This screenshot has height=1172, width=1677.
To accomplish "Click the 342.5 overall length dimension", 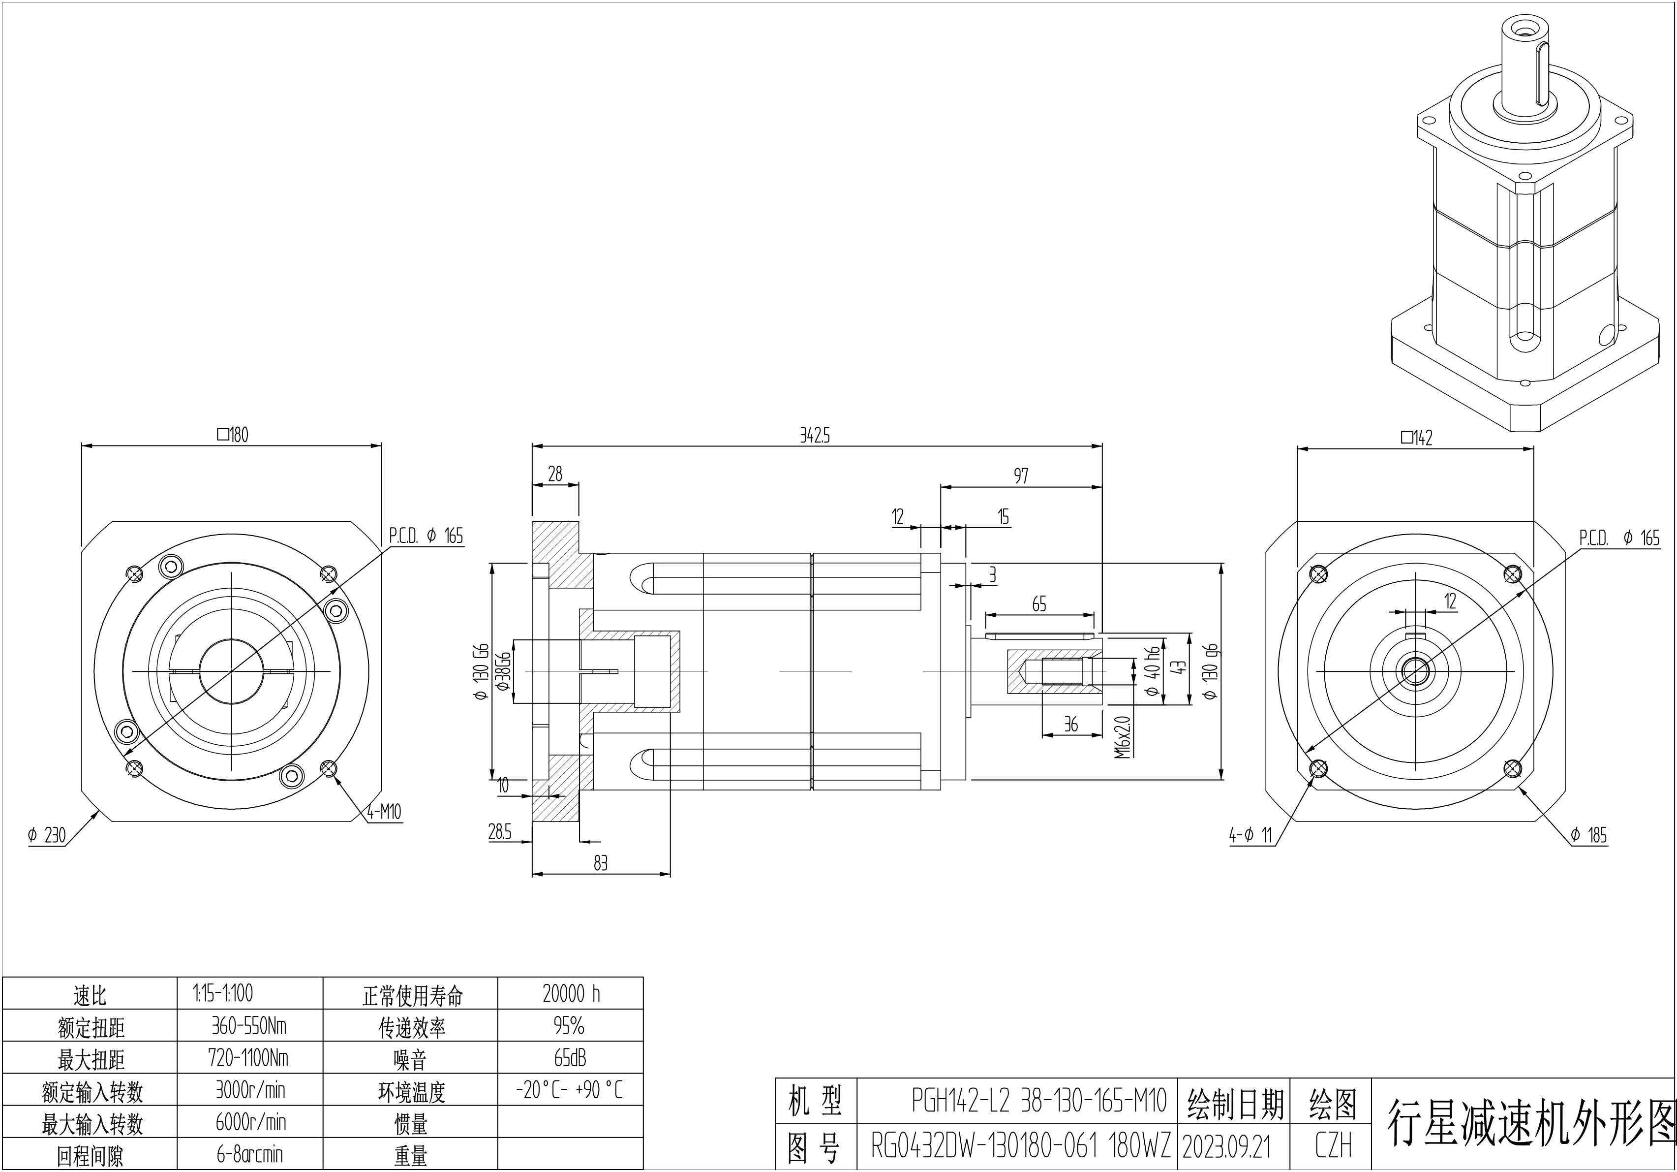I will pyautogui.click(x=815, y=436).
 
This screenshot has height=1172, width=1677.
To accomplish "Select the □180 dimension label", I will pyautogui.click(x=233, y=435).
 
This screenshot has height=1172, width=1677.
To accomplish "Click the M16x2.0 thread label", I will pyautogui.click(x=1123, y=736).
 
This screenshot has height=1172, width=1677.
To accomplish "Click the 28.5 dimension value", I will pyautogui.click(x=500, y=831).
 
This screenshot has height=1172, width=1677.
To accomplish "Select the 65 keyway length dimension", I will pyautogui.click(x=1038, y=603).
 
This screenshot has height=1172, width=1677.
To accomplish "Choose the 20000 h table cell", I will pyautogui.click(x=571, y=994).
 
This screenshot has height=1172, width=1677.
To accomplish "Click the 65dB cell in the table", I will pyautogui.click(x=570, y=1058).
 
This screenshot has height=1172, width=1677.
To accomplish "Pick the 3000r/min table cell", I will pyautogui.click(x=250, y=1090).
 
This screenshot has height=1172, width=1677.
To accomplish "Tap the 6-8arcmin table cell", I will pyautogui.click(x=250, y=1154).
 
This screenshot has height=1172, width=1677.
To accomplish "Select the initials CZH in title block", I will pyautogui.click(x=1333, y=1146).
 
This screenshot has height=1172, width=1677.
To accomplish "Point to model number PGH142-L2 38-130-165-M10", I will pyautogui.click(x=1038, y=1101).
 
